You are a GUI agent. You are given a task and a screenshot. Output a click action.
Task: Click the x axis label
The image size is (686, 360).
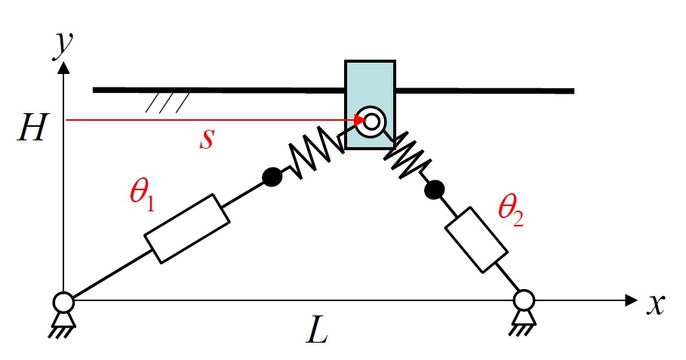pyautogui.click(x=656, y=303)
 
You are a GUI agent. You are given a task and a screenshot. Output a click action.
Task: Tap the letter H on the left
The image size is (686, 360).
pyautogui.click(x=33, y=131)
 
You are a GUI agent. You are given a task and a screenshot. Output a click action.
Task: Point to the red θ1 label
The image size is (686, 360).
pyautogui.click(x=142, y=197)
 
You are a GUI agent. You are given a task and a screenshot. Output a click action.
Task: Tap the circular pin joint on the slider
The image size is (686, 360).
pyautogui.click(x=370, y=122)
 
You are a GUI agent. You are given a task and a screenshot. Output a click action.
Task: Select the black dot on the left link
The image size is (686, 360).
pyautogui.click(x=272, y=177)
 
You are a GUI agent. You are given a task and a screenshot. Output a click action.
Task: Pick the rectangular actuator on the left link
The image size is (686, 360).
pyautogui.click(x=186, y=228)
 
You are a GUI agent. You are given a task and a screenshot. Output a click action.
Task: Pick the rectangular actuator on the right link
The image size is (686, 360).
pyautogui.click(x=475, y=238)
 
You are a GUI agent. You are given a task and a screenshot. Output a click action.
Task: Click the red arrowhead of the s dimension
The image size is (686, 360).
pyautogui.click(x=358, y=120)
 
